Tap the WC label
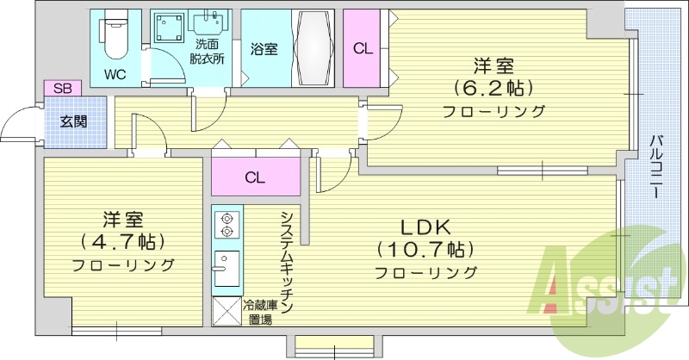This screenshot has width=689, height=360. (x=116, y=74)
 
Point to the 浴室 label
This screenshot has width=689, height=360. (x=264, y=49)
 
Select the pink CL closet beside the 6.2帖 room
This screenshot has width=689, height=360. (x=363, y=49)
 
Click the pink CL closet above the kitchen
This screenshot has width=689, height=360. (x=254, y=178)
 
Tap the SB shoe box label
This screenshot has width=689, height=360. (x=63, y=87)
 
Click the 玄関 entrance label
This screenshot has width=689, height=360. (x=73, y=121)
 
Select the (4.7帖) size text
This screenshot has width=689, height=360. (x=123, y=241)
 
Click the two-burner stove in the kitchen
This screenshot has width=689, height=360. (x=227, y=224)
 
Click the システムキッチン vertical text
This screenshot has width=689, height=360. (x=286, y=262)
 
